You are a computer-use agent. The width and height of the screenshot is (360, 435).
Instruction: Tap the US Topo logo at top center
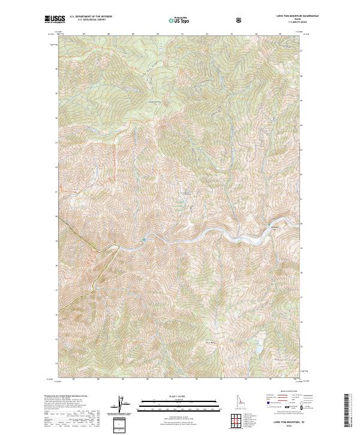click(x=179, y=20)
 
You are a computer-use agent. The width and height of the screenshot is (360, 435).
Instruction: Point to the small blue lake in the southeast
click(x=259, y=349)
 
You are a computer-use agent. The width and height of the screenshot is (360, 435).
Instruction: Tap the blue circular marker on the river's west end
click(x=144, y=241)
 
